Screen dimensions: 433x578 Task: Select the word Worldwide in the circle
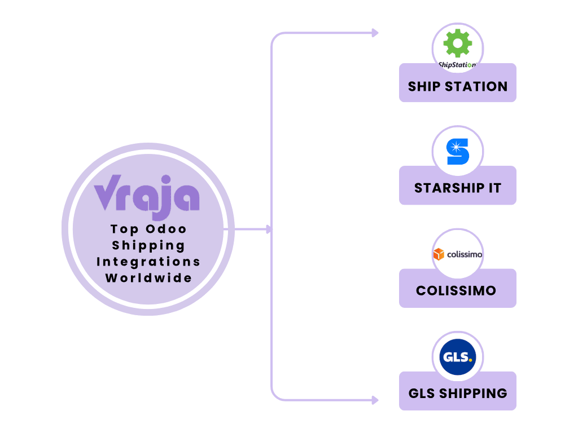pos(148,278)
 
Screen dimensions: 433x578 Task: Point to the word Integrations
pos(148,262)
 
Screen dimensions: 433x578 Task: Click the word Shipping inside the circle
pos(148,246)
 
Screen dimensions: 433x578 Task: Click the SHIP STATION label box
pos(457,87)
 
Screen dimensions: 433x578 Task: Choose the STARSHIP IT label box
pos(457,188)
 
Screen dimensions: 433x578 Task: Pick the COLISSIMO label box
pos(457,291)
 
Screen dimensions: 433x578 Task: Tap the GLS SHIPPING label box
pos(457,393)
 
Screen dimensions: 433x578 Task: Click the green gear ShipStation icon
pos(457,43)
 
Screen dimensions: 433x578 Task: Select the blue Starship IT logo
pos(457,151)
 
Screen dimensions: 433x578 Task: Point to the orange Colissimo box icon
pos(439,255)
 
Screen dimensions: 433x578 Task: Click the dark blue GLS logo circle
pos(457,357)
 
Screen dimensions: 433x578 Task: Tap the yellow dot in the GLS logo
pos(470,360)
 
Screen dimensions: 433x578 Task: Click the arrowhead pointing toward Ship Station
pos(375,33)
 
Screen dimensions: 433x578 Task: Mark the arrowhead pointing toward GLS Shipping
pos(375,400)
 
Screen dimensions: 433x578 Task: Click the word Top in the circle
pos(124,229)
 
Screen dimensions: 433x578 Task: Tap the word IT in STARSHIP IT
pos(494,188)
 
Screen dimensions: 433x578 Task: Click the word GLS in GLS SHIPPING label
pos(421,393)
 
